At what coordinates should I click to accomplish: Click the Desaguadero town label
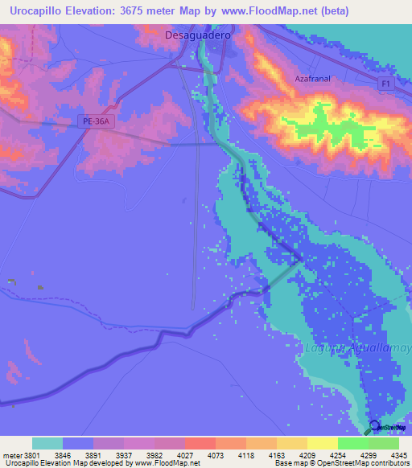tap(197, 36)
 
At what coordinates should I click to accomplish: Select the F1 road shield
tap(386, 84)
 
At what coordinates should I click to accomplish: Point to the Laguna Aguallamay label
tap(357, 347)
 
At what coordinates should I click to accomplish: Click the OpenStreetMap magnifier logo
tap(374, 426)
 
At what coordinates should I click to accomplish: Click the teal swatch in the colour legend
tap(47, 443)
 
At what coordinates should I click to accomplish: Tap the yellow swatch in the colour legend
tap(322, 443)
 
